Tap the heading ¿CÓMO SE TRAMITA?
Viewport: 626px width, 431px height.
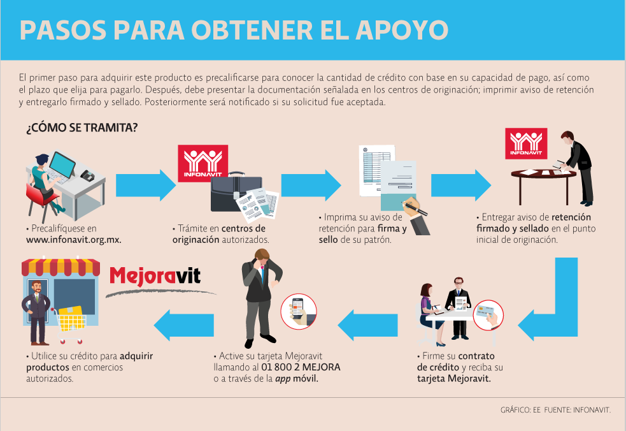click(82, 128)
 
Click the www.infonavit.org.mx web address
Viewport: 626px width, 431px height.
click(73, 240)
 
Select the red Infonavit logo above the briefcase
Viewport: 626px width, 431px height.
click(202, 163)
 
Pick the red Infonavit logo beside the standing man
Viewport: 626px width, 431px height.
click(527, 143)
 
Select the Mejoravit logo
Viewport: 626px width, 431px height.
click(155, 276)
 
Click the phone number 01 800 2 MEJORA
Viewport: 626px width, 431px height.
click(301, 367)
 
